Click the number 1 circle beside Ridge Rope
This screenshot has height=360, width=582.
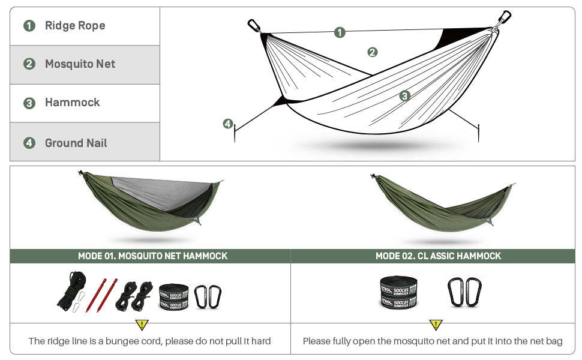pos(29,26)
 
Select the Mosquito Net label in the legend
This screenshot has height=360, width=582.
pos(80,64)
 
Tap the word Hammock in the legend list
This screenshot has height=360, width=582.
pos(72,103)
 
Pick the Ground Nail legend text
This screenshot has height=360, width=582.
pos(76,143)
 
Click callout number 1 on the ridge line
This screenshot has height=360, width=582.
pos(340,32)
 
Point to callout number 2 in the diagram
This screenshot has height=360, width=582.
pos(372,52)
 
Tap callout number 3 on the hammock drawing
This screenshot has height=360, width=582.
pos(405,95)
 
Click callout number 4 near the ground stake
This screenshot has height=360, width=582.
pos(227,124)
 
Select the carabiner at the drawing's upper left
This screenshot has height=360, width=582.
pos(254,26)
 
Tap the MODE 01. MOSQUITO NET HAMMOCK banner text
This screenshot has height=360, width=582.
pos(152,256)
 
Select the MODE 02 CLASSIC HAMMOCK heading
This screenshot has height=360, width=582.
pos(438,256)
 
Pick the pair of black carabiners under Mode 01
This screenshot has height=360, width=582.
pos(208,296)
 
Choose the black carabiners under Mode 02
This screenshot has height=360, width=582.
pos(464,292)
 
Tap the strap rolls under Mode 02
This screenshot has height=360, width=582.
pos(398,292)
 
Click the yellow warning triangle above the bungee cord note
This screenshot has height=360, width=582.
pos(142,325)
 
